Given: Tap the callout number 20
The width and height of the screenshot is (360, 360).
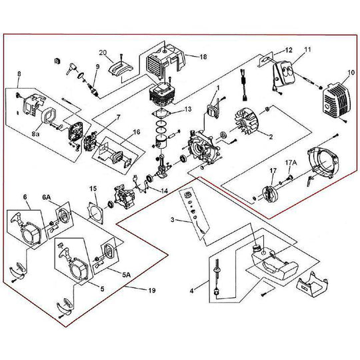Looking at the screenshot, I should [x=103, y=52].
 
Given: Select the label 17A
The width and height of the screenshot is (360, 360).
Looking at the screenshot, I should [x=291, y=161].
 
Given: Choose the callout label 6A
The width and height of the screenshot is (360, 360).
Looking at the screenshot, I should [x=47, y=198].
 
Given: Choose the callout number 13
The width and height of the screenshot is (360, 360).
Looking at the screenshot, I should [x=188, y=109].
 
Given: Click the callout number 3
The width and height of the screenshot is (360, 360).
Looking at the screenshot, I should [x=173, y=219].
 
